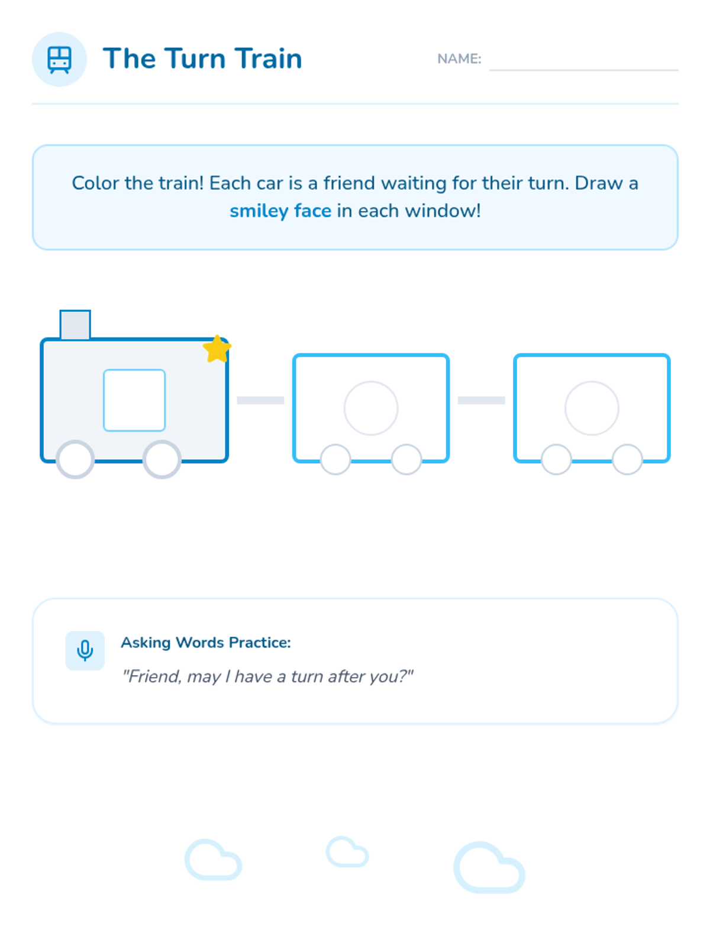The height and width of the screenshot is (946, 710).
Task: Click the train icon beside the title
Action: (x=59, y=60)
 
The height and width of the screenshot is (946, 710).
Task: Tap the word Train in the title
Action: (x=269, y=58)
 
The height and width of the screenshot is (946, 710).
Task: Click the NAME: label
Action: (x=459, y=59)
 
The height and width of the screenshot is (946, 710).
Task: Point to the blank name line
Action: (x=583, y=69)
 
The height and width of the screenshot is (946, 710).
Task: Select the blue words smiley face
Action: (x=280, y=211)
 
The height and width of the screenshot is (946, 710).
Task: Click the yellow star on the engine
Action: (x=217, y=349)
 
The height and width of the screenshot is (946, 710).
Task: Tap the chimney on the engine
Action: (x=75, y=325)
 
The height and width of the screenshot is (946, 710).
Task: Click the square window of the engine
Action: (x=134, y=400)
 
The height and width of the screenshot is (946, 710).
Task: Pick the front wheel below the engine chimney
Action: (x=75, y=459)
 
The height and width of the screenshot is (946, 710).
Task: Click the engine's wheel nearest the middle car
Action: (x=162, y=459)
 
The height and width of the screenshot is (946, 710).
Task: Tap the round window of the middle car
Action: (x=371, y=408)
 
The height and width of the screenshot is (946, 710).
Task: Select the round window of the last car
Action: (x=592, y=408)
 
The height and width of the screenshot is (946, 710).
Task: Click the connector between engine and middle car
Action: (x=260, y=400)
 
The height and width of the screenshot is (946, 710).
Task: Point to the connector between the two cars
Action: (x=481, y=400)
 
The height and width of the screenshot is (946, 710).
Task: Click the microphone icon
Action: (x=85, y=650)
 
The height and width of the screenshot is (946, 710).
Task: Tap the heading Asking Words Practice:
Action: (x=206, y=642)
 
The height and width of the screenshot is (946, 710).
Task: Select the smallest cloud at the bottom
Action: (x=347, y=851)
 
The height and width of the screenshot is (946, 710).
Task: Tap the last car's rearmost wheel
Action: (x=627, y=459)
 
